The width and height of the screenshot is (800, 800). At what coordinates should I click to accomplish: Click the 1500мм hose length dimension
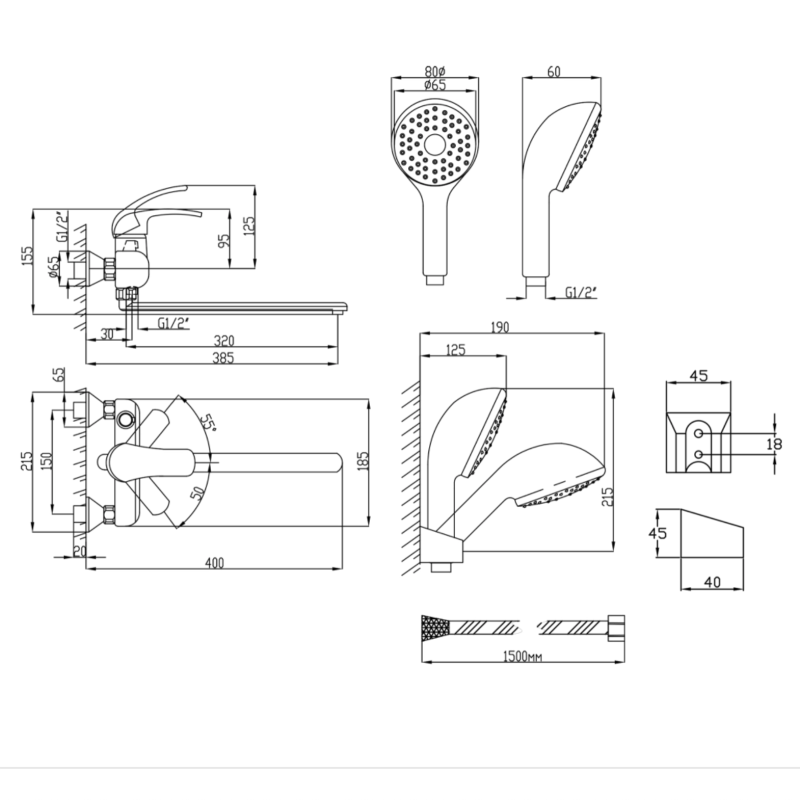tap(522, 656)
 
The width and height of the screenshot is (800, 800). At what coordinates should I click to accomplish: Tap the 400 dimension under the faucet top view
tap(214, 563)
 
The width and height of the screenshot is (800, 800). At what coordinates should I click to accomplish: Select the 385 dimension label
tap(223, 358)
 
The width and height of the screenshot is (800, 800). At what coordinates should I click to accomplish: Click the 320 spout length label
tap(224, 341)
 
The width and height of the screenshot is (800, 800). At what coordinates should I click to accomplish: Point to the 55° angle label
tap(207, 422)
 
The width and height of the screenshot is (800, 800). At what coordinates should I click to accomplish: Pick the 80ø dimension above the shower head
tap(435, 71)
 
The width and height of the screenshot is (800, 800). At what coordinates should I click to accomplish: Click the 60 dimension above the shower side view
tap(554, 71)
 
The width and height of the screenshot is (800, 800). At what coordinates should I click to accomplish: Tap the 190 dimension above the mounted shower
tap(499, 327)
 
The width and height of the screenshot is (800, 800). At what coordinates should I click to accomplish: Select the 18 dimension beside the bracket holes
tap(774, 444)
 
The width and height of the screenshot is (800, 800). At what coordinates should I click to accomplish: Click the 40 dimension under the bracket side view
tap(712, 582)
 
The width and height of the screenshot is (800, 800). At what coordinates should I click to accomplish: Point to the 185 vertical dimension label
tap(362, 461)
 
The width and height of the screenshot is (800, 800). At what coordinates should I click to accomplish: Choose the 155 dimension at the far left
tap(27, 256)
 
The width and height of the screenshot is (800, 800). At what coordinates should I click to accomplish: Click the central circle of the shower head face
tap(435, 146)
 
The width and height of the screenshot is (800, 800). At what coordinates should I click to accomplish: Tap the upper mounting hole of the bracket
tap(699, 434)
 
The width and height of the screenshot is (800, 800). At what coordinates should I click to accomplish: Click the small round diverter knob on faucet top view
tap(125, 420)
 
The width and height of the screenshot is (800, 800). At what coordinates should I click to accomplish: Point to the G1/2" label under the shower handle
tap(581, 292)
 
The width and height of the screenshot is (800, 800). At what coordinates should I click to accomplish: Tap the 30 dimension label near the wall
tap(107, 334)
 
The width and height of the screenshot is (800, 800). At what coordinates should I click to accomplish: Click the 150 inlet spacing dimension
tap(46, 461)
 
